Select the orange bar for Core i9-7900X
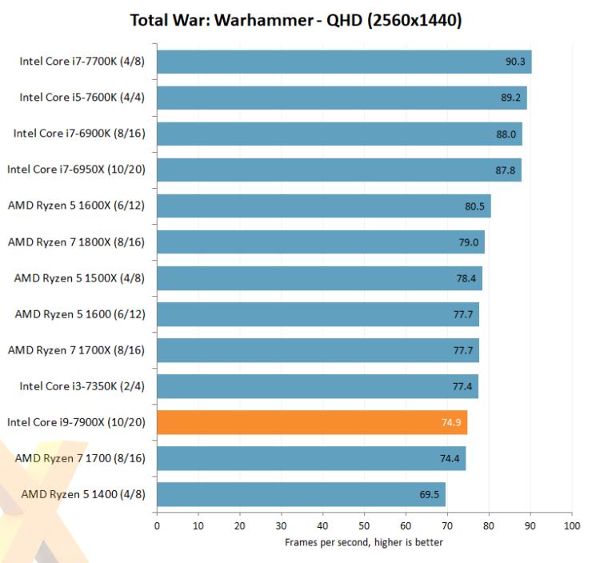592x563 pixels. tap(312, 422)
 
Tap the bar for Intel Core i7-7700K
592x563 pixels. tap(344, 62)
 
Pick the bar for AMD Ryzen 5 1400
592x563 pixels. tap(301, 494)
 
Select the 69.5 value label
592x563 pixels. tap(430, 494)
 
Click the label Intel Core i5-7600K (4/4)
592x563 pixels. tap(82, 98)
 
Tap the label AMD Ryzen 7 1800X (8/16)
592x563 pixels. tap(76, 242)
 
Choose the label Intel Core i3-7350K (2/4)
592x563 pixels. tap(82, 386)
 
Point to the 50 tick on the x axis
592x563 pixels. tap(364, 525)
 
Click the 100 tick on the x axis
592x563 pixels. tap(571, 525)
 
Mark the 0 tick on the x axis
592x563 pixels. tap(157, 525)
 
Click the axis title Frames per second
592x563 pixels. tap(364, 542)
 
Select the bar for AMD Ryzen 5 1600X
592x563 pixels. tap(324, 206)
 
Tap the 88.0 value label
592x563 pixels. tap(506, 134)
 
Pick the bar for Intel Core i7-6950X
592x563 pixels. tap(339, 170)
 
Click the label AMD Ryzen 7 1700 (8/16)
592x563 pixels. tap(80, 458)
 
